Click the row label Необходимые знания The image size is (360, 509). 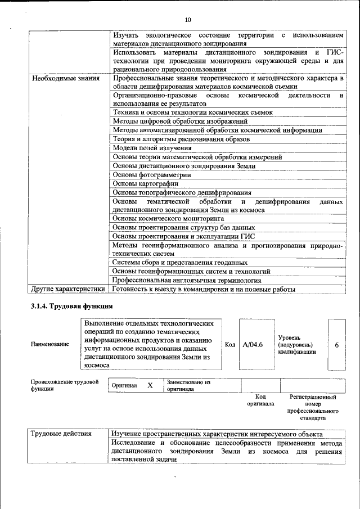point(66,78)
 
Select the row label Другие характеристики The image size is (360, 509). point(68,289)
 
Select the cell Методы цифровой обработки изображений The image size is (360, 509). point(180,121)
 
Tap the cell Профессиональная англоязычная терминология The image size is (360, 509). point(187,280)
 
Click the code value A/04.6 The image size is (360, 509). point(253,344)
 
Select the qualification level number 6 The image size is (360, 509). point(336,345)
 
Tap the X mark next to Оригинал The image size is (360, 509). point(150,385)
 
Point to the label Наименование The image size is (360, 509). point(50,344)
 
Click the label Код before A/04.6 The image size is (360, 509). point(230,344)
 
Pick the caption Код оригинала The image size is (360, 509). point(260,400)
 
